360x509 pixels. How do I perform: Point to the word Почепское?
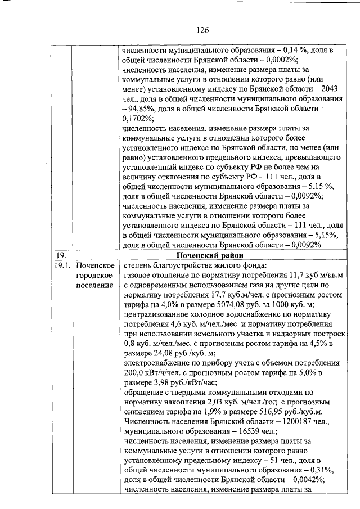[94, 265]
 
